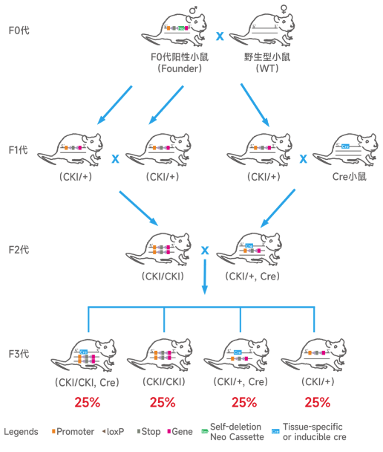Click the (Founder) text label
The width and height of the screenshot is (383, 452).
click(x=180, y=68)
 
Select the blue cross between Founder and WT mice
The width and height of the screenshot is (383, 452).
click(x=220, y=35)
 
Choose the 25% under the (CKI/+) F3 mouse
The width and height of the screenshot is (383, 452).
click(x=318, y=402)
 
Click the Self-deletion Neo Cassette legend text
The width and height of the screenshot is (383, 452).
click(x=237, y=431)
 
